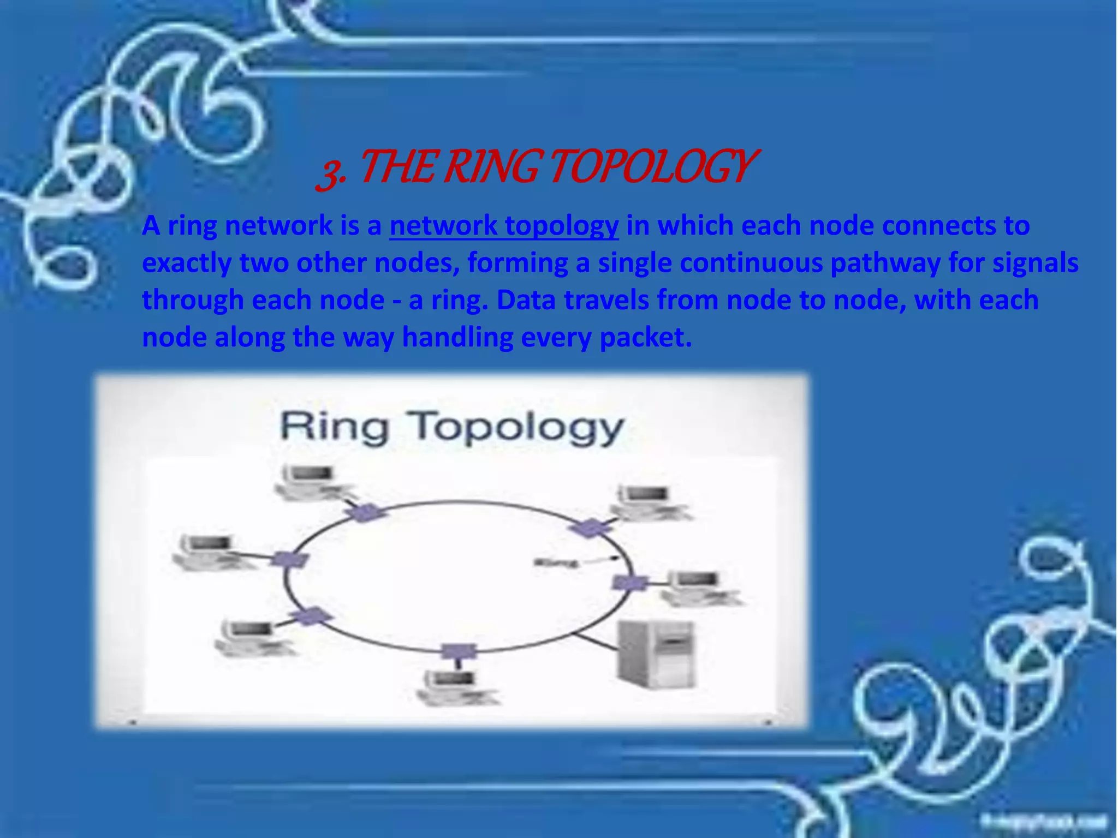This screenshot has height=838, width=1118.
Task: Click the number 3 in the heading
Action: click(329, 172)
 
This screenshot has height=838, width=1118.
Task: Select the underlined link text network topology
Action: click(504, 226)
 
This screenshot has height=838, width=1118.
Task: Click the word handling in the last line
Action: click(457, 337)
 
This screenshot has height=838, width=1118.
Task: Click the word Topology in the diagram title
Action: click(518, 428)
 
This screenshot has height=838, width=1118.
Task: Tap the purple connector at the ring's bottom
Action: click(458, 651)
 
